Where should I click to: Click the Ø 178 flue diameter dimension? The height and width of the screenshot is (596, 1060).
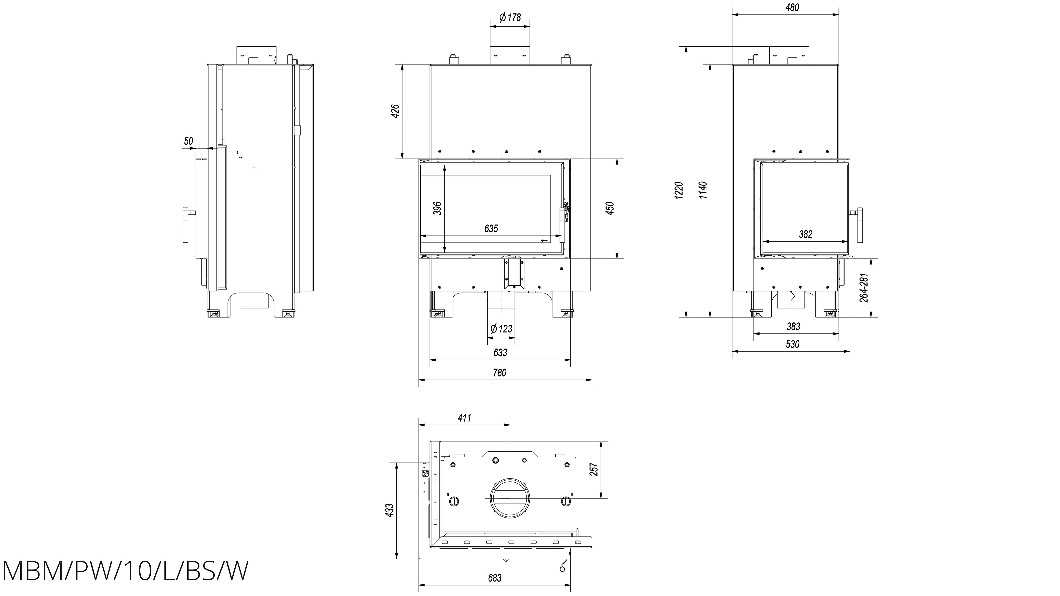(510, 18)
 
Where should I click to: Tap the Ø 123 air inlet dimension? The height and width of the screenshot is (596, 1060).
(501, 329)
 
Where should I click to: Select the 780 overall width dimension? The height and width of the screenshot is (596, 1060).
(499, 373)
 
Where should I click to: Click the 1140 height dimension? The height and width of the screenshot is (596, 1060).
(703, 190)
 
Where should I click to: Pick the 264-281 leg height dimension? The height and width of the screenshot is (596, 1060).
(864, 288)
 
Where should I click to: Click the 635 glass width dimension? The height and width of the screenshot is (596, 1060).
(491, 229)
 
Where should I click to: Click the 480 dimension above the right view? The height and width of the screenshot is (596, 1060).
(792, 7)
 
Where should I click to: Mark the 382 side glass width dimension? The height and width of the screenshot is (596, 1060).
(805, 235)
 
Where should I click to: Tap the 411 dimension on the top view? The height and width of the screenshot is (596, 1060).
(464, 418)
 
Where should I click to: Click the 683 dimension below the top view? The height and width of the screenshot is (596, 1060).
(495, 578)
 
